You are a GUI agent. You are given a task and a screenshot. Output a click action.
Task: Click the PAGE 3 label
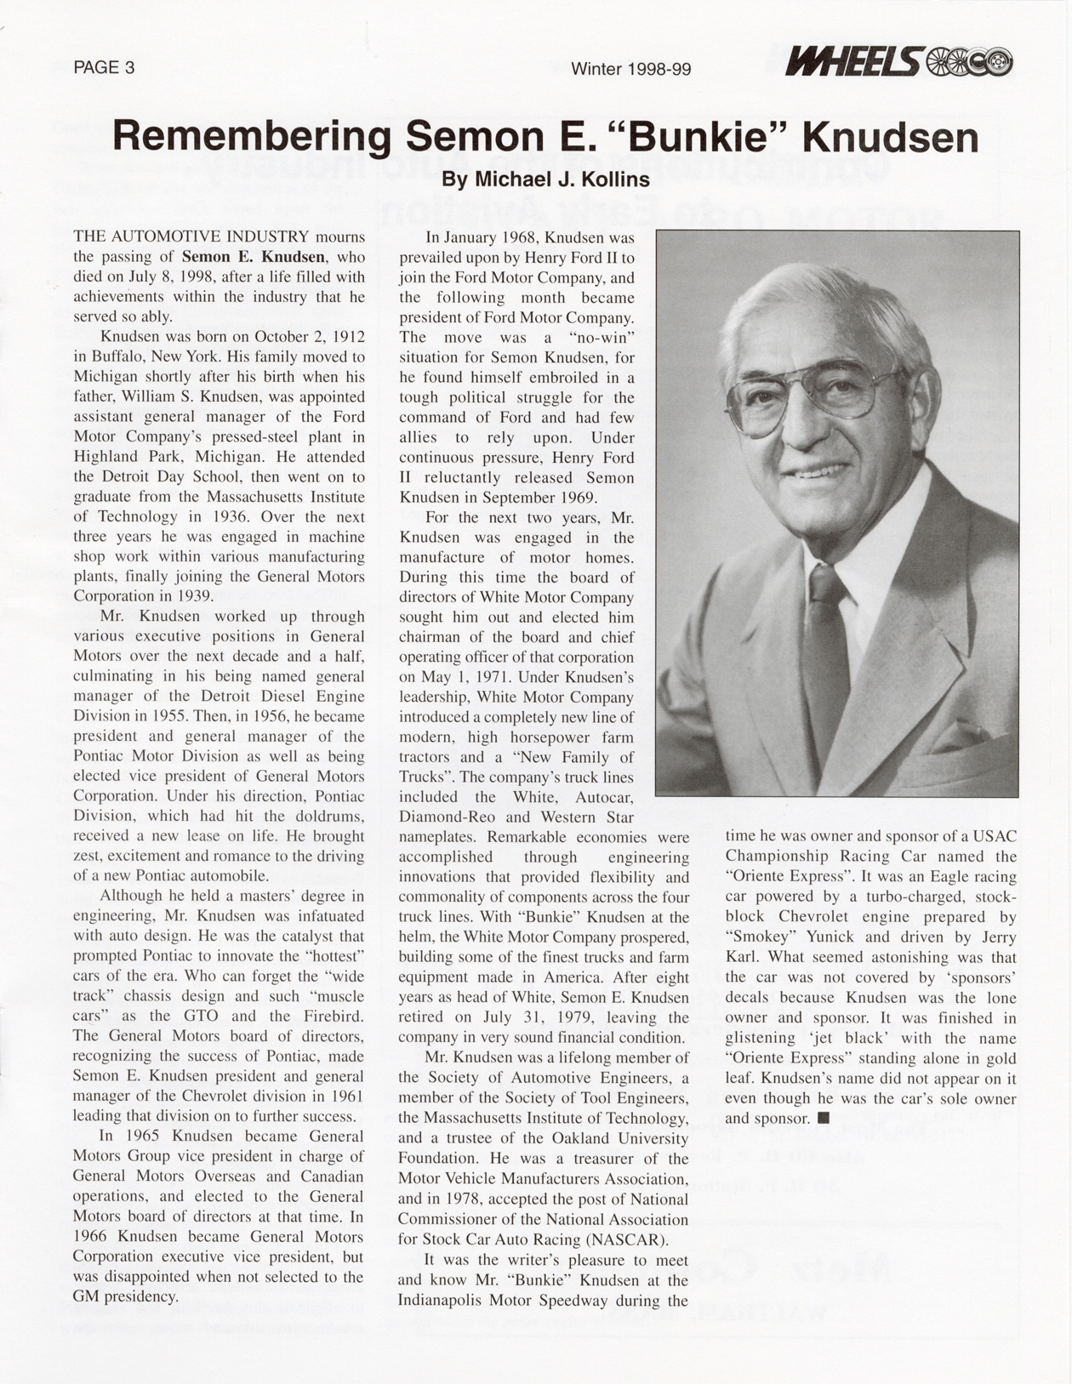[x=104, y=67]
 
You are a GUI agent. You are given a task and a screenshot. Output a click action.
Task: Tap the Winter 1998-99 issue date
[x=630, y=68]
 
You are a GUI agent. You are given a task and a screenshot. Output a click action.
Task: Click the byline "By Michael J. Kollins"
[x=545, y=179]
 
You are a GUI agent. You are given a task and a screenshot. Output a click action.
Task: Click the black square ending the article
[x=823, y=1118]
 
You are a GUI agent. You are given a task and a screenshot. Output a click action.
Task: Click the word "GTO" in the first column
[x=201, y=1016]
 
